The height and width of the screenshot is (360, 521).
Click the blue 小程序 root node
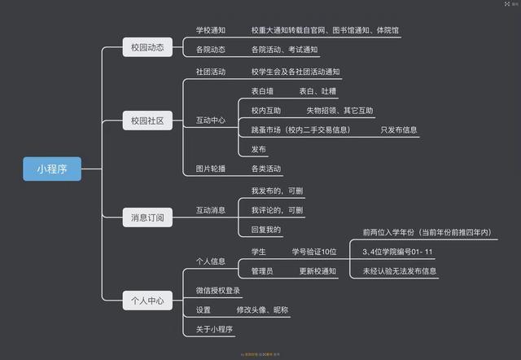pos(52,169)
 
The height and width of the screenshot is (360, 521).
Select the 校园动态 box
pos(147,47)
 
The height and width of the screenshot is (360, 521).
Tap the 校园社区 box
pos(147,121)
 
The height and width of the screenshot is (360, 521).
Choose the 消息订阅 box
pos(147,217)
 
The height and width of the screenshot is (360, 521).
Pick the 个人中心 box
pos(147,300)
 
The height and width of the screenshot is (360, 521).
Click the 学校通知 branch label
pos(211,30)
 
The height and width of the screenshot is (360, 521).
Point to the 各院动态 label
pos(211,50)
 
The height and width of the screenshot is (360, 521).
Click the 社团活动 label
pos(211,72)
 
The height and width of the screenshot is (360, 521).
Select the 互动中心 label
pos(211,121)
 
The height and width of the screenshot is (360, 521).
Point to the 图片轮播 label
pos(211,169)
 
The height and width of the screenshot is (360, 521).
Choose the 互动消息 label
pos(211,211)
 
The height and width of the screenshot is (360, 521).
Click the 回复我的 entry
pos(265,230)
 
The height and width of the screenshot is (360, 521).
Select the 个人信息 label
pos(211,261)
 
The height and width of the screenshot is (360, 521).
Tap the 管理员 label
pos(262,270)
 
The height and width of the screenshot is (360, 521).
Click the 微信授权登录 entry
pos(217,290)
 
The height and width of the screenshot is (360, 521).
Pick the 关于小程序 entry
pos(215,329)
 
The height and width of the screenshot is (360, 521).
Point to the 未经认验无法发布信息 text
pos(400,271)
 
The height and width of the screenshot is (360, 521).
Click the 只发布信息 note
pos(399,130)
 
